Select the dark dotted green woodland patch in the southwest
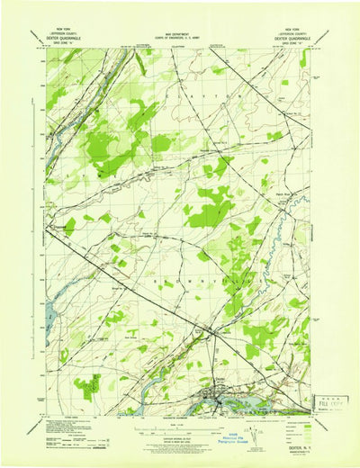(87, 387)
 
